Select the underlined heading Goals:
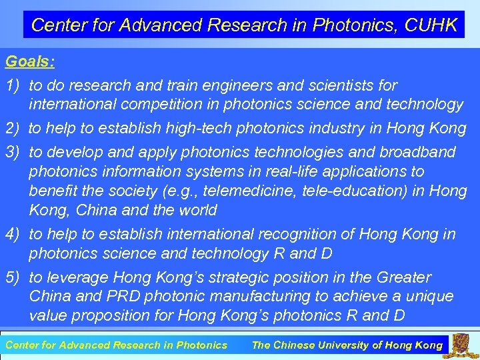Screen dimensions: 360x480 (30, 62)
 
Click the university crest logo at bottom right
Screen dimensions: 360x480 (460, 345)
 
